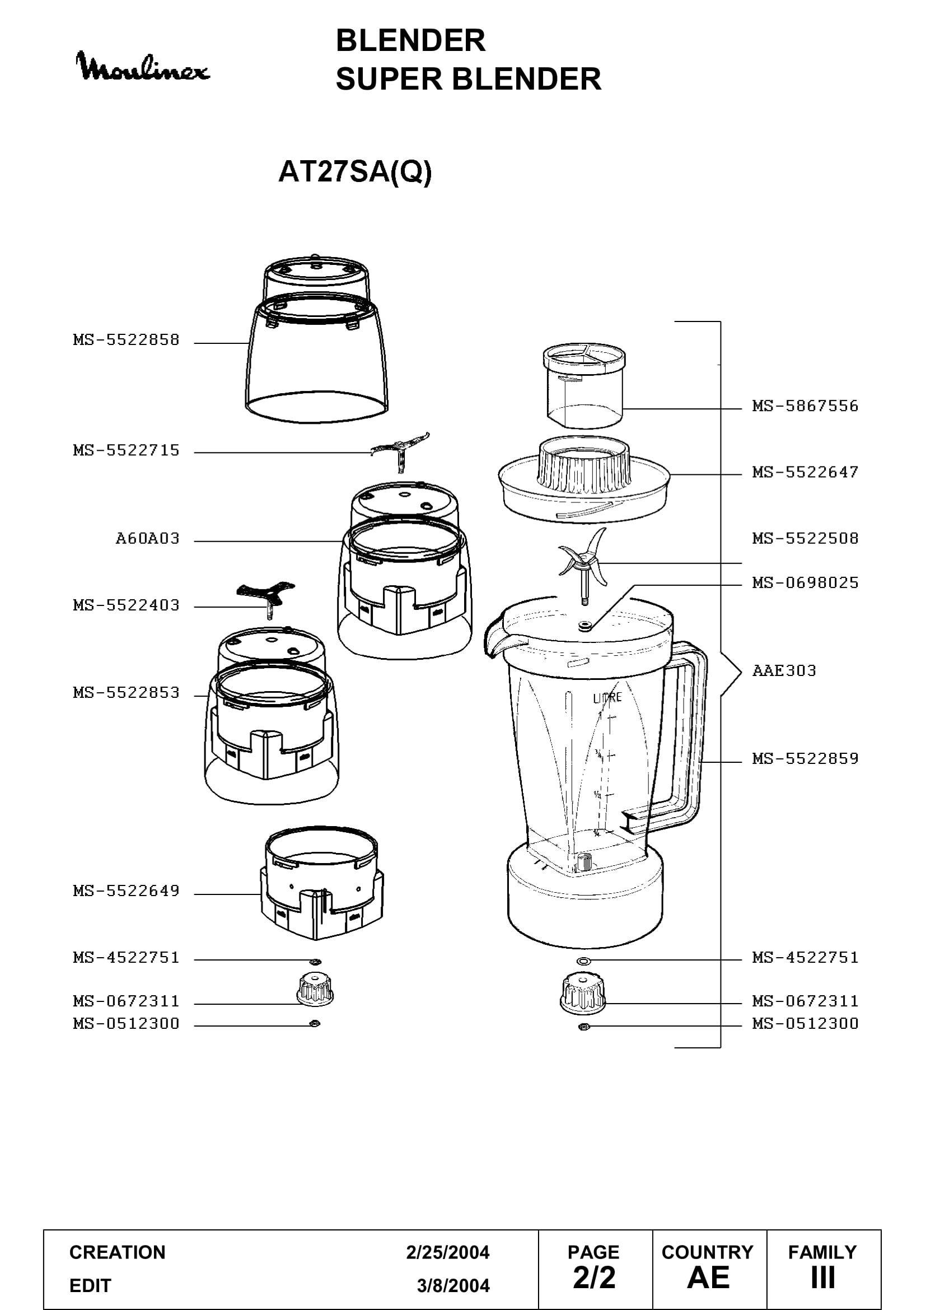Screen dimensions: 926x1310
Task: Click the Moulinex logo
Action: pyautogui.click(x=143, y=66)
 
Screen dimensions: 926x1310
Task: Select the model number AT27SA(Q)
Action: pyautogui.click(x=354, y=171)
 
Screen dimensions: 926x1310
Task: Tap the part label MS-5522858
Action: pyautogui.click(x=126, y=340)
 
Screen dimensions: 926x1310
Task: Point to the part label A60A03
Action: pyautogui.click(x=148, y=539)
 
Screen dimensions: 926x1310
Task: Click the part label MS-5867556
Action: pyautogui.click(x=805, y=406)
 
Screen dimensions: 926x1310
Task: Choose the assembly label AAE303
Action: pyautogui.click(x=784, y=670)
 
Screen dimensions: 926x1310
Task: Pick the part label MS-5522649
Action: pyautogui.click(x=126, y=891)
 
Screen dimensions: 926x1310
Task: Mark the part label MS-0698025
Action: pyautogui.click(x=805, y=582)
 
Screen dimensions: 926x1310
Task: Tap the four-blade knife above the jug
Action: pyautogui.click(x=583, y=562)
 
